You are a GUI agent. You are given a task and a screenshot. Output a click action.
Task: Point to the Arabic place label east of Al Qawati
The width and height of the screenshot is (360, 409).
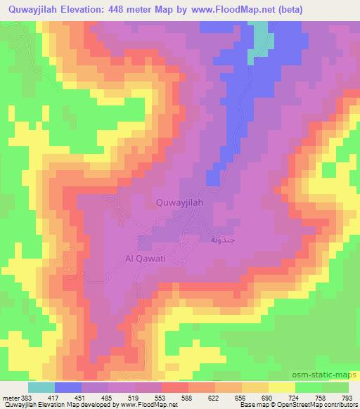pos(218,240)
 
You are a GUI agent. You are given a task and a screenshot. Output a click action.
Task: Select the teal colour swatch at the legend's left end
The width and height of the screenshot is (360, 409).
pos(41,387)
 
